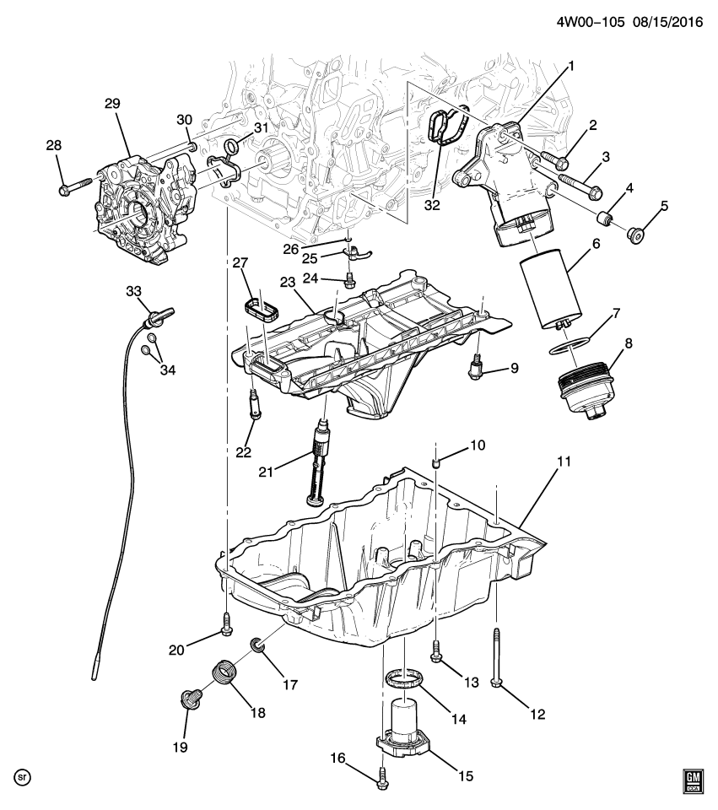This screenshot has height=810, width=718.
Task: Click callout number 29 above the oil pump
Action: (112, 103)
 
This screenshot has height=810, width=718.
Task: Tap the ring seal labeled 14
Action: (404, 678)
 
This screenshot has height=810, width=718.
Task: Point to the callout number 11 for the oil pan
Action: (564, 461)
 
